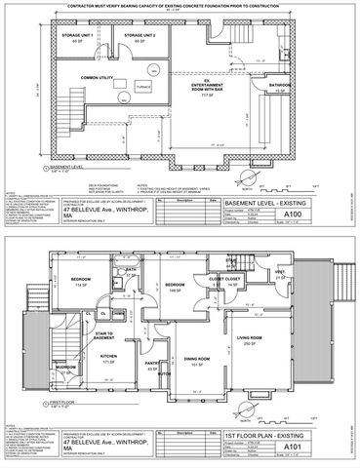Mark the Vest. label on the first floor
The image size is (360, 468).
point(279,271)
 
